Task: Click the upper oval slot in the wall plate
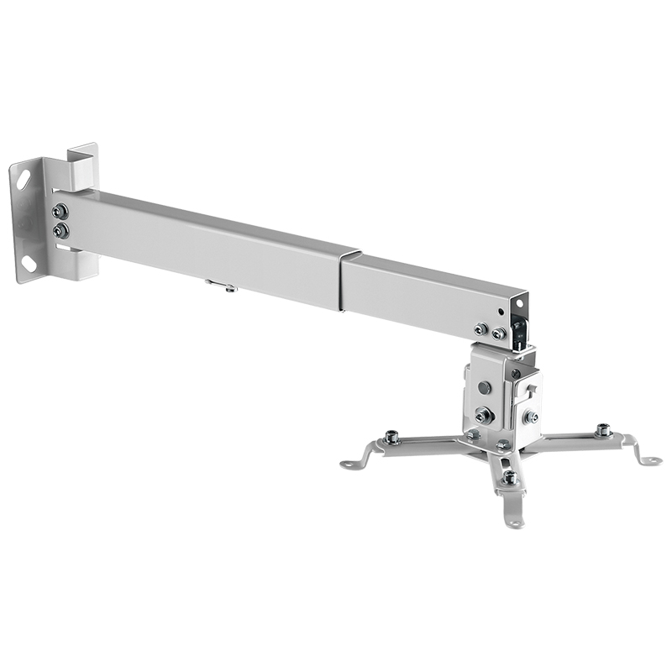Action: tap(24, 178)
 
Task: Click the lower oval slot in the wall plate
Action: tap(29, 264)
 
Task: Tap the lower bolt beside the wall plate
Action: tap(60, 229)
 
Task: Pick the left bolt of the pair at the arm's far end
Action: tap(481, 329)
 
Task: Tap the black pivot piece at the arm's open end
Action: tap(521, 328)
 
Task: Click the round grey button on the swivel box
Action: tap(484, 389)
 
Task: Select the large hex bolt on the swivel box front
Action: tap(483, 415)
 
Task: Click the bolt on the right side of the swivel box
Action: tap(530, 416)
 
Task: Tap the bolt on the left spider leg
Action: tap(391, 437)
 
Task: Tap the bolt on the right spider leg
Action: tap(601, 431)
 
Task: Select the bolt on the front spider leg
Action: tap(509, 477)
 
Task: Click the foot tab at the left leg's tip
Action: tap(352, 462)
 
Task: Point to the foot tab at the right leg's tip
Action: tap(648, 459)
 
